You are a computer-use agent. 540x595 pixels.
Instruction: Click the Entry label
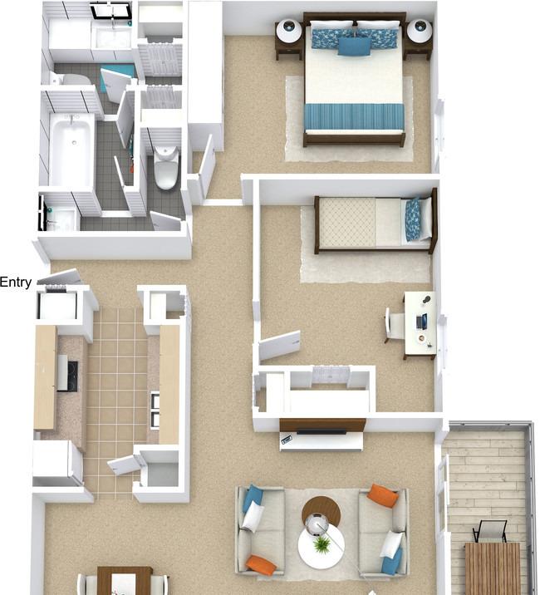[x=16, y=283]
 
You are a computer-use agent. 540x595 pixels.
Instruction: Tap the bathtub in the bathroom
[x=71, y=150]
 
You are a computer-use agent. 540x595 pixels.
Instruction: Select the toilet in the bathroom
[x=166, y=167]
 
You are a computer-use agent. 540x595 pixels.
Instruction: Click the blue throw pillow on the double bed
[x=354, y=47]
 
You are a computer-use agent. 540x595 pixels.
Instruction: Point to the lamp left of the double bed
[x=289, y=31]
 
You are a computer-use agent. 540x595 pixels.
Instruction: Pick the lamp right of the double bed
[x=420, y=31]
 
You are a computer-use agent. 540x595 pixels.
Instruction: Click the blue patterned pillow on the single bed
[x=413, y=220]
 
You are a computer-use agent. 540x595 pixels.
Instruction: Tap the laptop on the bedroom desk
[x=421, y=322]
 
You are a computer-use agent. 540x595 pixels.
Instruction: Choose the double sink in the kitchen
[x=155, y=411]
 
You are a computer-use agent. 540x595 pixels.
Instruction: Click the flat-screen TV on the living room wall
[x=322, y=431]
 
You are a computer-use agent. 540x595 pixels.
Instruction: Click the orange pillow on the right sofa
[x=384, y=495]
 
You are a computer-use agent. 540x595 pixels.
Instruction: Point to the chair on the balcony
[x=489, y=531]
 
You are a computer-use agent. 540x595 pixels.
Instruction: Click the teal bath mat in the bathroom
[x=117, y=76]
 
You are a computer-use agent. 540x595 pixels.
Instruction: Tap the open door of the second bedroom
[x=280, y=346]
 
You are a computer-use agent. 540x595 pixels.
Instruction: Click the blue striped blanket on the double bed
[x=354, y=117]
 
